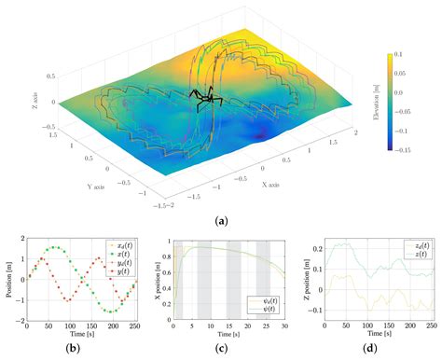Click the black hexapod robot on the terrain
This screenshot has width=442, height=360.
point(207,96)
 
